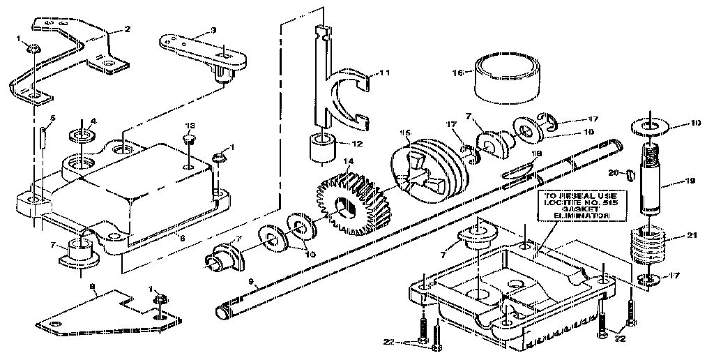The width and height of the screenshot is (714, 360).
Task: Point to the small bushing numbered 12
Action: tap(321, 149)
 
